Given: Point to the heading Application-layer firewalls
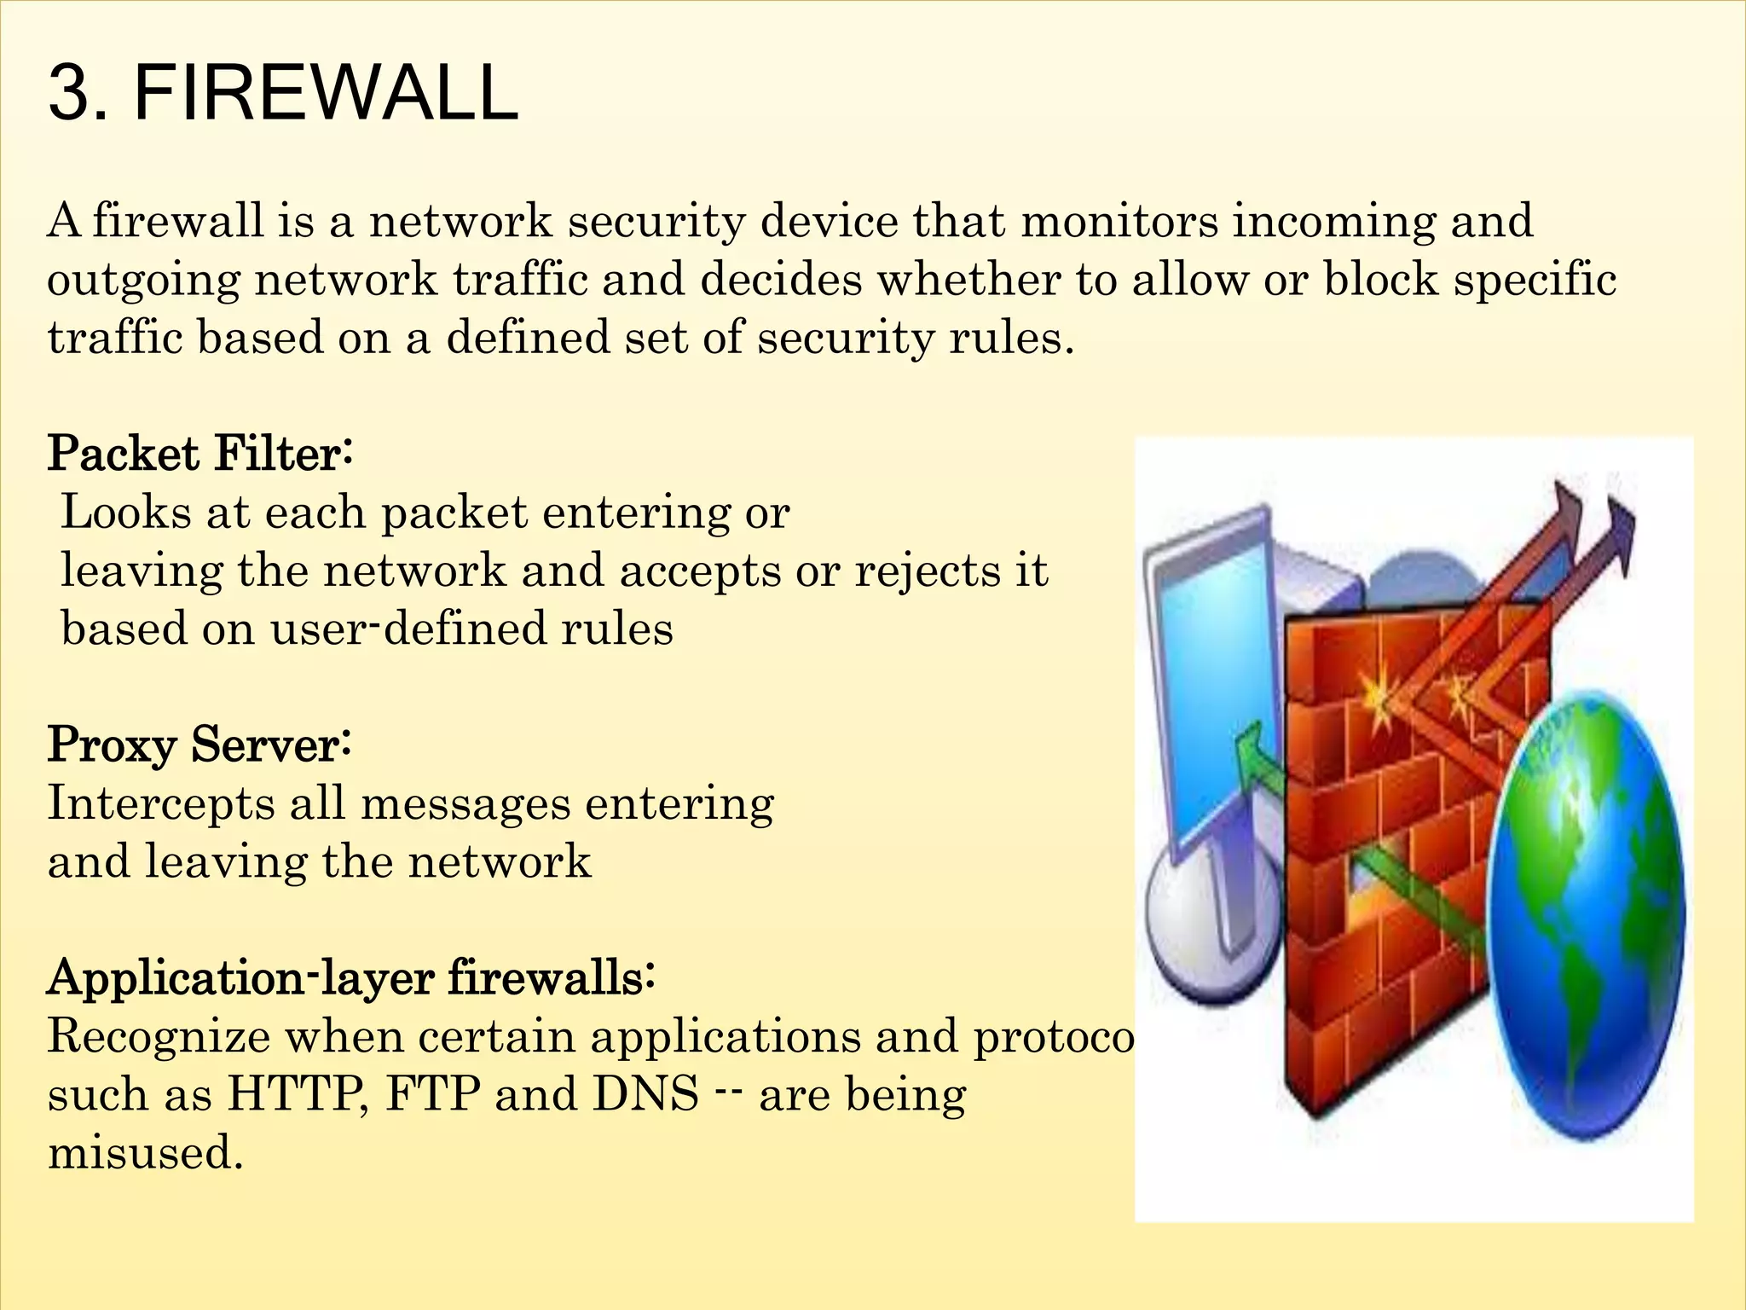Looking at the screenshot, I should (x=350, y=977).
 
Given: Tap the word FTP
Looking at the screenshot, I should (x=433, y=1094).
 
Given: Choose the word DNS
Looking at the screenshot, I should (x=645, y=1094).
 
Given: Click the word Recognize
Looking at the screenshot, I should (x=158, y=1037).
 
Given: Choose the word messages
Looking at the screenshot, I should (x=465, y=804).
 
